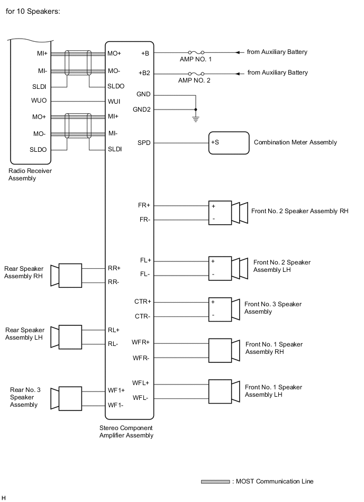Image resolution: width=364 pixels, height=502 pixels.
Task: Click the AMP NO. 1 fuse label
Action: coord(195,60)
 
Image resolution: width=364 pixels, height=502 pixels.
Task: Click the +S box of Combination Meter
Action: coord(229,143)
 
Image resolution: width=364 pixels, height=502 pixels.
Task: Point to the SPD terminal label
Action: coord(144,143)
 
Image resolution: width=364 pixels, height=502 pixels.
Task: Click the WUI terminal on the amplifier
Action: coord(114,101)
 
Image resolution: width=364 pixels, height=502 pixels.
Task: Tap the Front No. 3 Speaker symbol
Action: coord(224,309)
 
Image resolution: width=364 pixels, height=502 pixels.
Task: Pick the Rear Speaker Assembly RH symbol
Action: coord(66,276)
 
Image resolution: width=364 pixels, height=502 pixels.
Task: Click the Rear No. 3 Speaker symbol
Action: coord(66,398)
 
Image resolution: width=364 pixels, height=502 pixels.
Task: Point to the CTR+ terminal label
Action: coord(142,302)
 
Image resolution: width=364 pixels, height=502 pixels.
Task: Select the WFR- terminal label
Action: coord(142,358)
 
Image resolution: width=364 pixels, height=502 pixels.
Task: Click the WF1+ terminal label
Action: coord(116,390)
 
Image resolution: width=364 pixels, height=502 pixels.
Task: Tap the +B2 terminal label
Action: coord(144,73)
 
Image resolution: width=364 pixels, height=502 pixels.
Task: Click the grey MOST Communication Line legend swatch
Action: coord(215,481)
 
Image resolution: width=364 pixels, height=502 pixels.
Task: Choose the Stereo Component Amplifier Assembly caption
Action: coord(126,432)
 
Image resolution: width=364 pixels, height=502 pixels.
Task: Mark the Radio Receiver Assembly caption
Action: coord(30,175)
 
